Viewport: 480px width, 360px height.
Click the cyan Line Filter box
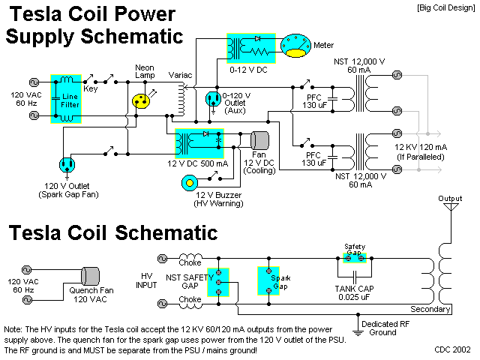[66, 98]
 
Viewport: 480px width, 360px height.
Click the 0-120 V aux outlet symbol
[213, 100]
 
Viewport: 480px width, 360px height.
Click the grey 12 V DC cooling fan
[259, 140]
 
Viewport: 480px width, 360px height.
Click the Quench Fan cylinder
[89, 275]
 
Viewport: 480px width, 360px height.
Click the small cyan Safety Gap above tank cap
[353, 256]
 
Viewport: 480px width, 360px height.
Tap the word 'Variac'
[181, 75]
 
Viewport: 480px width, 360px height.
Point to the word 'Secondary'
[430, 309]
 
